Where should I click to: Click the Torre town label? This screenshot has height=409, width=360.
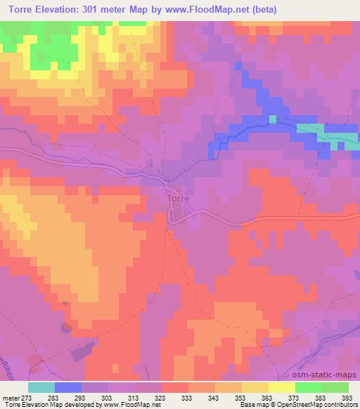[x=179, y=199]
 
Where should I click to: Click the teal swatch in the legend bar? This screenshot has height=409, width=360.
[x=41, y=387]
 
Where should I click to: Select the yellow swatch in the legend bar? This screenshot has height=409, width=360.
[x=282, y=387]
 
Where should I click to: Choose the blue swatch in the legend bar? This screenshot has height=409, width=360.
[x=68, y=387]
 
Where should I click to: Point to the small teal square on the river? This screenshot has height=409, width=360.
[x=272, y=119]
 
